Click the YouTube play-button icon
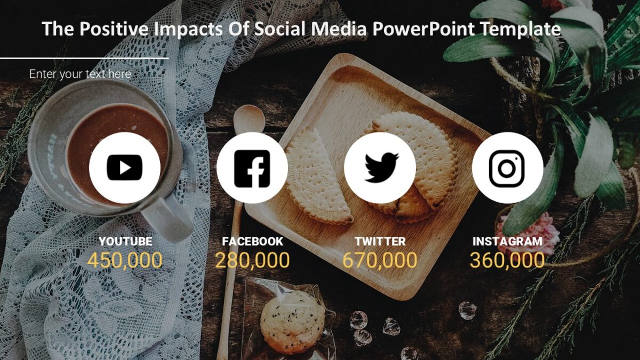(x=125, y=167)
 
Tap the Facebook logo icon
(x=252, y=168)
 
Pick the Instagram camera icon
(x=507, y=168)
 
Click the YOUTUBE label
(x=125, y=242)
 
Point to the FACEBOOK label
(x=253, y=242)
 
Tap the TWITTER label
(x=380, y=242)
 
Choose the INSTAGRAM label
(x=507, y=242)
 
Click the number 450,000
(x=125, y=260)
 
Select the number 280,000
(x=252, y=260)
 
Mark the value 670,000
(x=380, y=260)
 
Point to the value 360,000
(x=507, y=260)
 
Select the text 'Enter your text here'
(x=80, y=74)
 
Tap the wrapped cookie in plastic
(x=292, y=320)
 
